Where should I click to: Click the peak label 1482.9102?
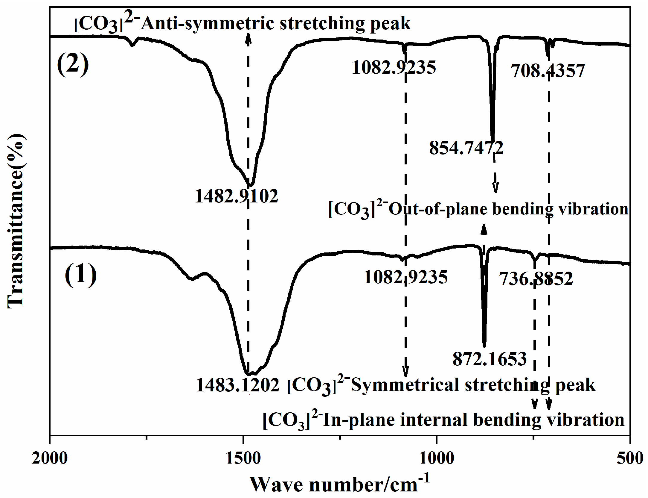pos(236,197)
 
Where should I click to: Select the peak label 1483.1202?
pos(238,385)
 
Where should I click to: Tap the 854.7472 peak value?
pos(466,148)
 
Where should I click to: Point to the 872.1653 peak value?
pos(490,359)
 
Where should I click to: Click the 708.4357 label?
pos(548,71)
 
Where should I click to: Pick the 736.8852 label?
pos(536,279)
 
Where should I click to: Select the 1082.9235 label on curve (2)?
pos(394,67)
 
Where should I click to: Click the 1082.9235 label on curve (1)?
pos(405,277)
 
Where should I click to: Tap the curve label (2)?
pos(73,65)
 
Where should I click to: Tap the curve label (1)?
pos(80,275)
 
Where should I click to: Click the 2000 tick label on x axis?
pos(50,458)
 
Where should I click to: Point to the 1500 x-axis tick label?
pos(243,458)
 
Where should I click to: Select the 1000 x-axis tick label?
pos(437,458)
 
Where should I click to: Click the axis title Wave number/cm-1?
pos(339,484)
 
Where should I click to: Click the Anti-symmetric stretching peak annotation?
pos(242,24)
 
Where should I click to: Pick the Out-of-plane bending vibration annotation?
pos(478,209)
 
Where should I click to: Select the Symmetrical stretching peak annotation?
pos(441,385)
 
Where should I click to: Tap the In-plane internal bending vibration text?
pos(444,420)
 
